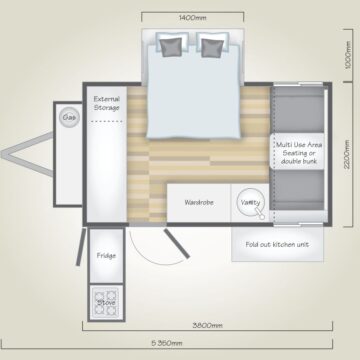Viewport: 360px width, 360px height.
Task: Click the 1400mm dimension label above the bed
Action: pyautogui.click(x=193, y=18)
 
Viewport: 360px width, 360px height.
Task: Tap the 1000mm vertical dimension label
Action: pyautogui.click(x=348, y=55)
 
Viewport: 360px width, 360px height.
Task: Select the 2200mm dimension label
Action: pyautogui.click(x=348, y=154)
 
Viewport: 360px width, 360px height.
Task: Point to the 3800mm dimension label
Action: pyautogui.click(x=207, y=325)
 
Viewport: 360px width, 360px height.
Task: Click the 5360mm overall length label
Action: pyautogui.click(x=167, y=343)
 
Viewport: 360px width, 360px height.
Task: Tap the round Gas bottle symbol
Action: pyautogui.click(x=70, y=117)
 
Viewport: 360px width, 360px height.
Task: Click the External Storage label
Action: pyautogui.click(x=106, y=103)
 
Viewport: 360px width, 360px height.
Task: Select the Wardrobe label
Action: pyautogui.click(x=199, y=202)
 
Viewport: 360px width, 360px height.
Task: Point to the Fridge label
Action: pyautogui.click(x=106, y=256)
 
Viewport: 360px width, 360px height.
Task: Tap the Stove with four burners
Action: pyautogui.click(x=106, y=303)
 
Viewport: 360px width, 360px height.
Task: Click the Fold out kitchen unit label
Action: pyautogui.click(x=277, y=244)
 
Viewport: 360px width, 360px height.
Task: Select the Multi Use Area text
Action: pyautogui.click(x=299, y=145)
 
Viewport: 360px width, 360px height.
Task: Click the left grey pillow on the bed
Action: pyautogui.click(x=172, y=47)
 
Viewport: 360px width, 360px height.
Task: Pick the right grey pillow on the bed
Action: pyautogui.click(x=213, y=48)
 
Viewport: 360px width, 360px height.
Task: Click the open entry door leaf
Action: pyautogui.click(x=177, y=244)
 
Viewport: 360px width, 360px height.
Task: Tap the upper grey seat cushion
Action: pyautogui.click(x=299, y=110)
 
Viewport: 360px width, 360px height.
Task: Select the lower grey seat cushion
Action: pyautogui.click(x=299, y=190)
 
